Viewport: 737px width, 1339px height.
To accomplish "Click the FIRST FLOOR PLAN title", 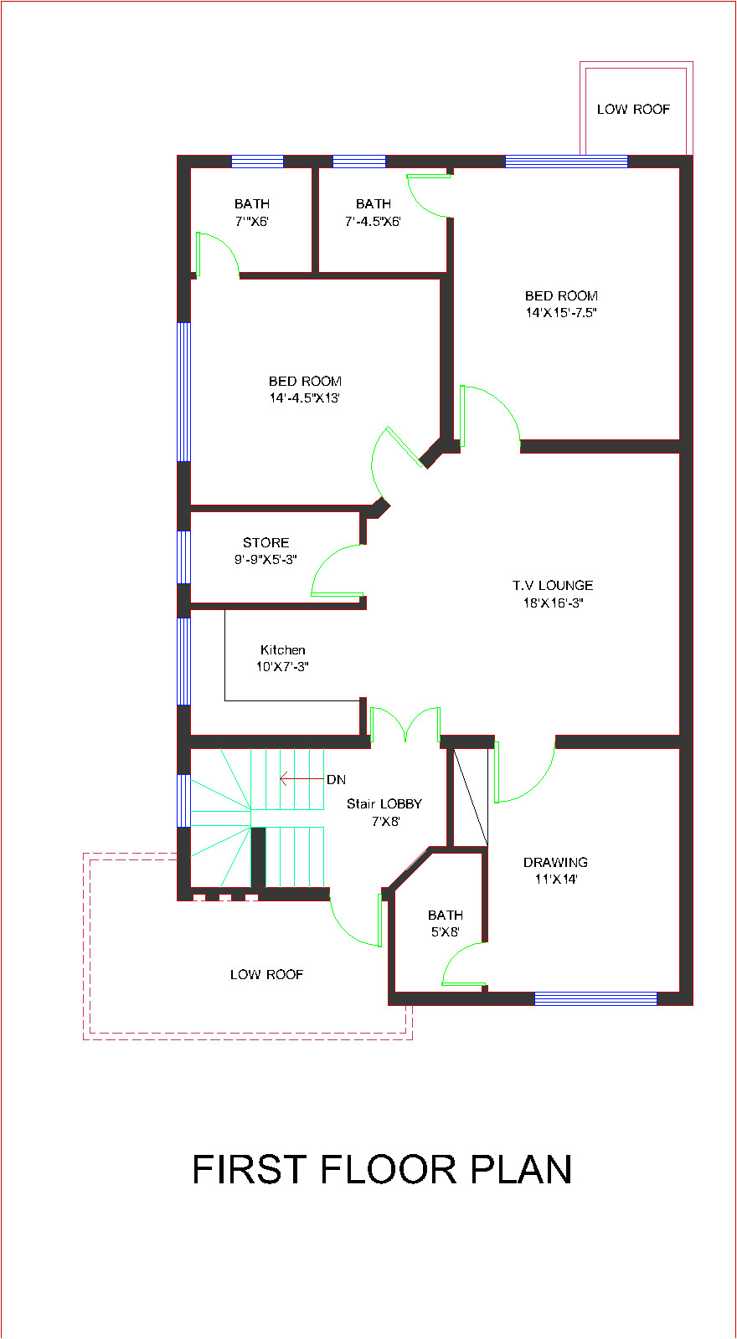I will click(382, 1169).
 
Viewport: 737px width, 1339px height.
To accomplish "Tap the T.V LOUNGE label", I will click(553, 585).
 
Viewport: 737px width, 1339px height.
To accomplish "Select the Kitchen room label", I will click(283, 649).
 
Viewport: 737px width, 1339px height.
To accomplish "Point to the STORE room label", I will click(266, 542).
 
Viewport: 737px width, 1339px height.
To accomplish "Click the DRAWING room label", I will click(555, 862).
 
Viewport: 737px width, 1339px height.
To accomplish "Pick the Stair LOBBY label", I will click(384, 803).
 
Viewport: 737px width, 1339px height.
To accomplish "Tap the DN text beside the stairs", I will click(336, 780).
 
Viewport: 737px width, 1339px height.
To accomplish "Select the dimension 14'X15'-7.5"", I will click(561, 313).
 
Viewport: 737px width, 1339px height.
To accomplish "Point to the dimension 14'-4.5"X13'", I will click(304, 398).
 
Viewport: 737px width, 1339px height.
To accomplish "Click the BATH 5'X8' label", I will click(445, 923).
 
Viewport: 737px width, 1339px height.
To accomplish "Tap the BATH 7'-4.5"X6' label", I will click(373, 213).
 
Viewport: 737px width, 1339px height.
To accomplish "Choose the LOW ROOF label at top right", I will click(633, 109).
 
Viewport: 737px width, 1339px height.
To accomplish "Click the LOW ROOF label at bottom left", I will click(266, 974).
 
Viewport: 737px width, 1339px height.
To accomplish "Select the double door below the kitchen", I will click(405, 725).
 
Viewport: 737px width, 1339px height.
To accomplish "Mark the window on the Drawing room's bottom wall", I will click(595, 998).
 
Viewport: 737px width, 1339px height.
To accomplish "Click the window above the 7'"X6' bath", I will click(257, 162).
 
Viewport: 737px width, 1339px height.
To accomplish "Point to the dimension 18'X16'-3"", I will click(553, 603).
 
